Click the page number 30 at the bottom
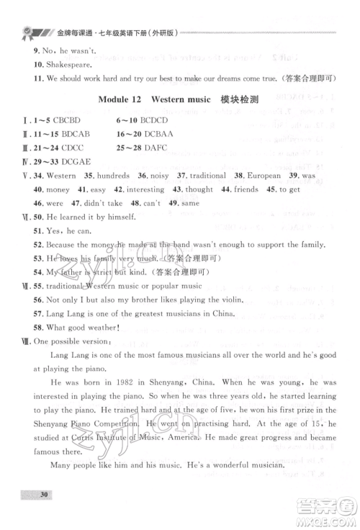45,515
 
